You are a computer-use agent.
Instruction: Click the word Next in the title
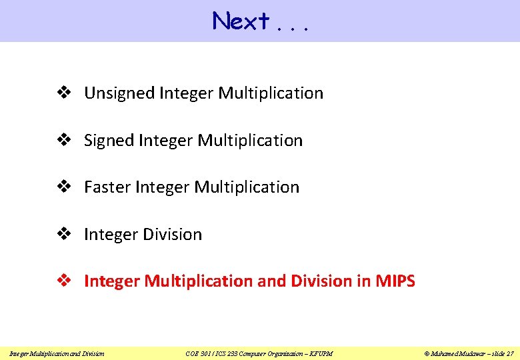point(240,21)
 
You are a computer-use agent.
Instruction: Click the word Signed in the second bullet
point(109,141)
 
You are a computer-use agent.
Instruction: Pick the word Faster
point(107,187)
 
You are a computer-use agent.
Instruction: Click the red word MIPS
point(395,281)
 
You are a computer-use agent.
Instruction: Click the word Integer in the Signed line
point(166,141)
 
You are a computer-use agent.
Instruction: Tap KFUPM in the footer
point(321,353)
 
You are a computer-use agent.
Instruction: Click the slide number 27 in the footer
point(510,353)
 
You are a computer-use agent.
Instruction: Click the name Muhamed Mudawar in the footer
point(456,353)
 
